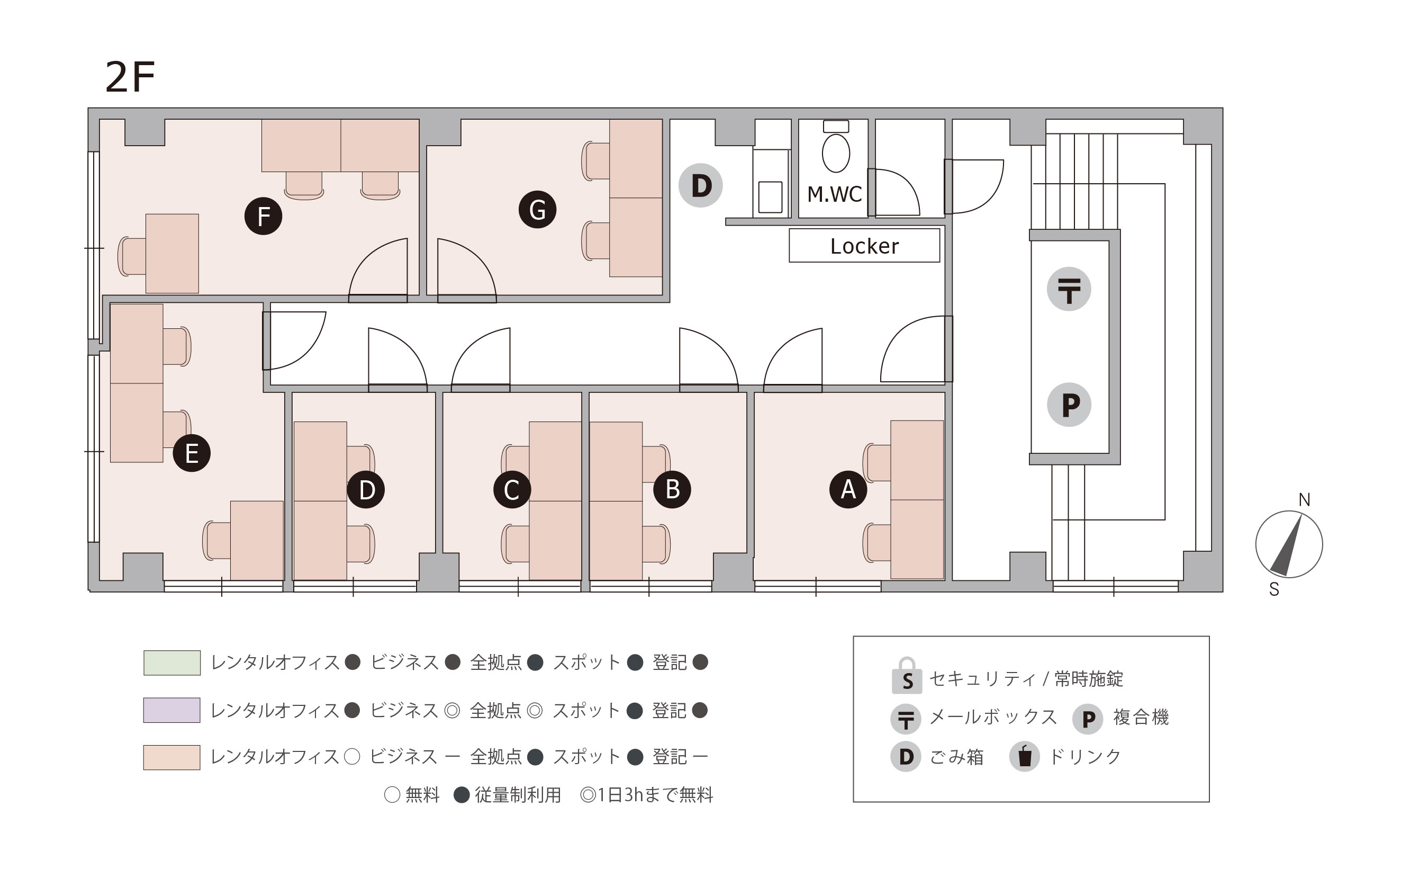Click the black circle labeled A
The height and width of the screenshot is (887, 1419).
[x=848, y=489]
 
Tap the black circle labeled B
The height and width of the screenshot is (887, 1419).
[x=672, y=489]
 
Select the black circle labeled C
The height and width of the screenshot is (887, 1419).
[x=512, y=489]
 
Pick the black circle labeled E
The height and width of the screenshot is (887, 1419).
[x=192, y=453]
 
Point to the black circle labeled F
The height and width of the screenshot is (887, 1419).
[x=263, y=216]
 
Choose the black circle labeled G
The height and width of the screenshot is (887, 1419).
[x=537, y=209]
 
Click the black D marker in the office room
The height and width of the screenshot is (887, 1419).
[x=366, y=489]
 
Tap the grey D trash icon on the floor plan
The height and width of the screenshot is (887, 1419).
[x=701, y=185]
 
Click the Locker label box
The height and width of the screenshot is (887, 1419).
[x=864, y=245]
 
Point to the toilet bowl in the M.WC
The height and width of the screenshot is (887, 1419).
[x=836, y=153]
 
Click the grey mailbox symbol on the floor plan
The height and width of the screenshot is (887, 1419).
[x=1069, y=289]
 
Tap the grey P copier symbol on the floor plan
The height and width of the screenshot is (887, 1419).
[x=1070, y=405]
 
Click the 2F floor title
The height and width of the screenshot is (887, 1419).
[x=130, y=77]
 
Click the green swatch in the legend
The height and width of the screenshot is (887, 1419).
[x=172, y=663]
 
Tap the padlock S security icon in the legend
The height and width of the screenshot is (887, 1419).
[x=907, y=676]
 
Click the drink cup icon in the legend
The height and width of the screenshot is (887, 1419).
[x=1024, y=756]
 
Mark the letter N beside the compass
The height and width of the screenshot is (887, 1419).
[x=1304, y=499]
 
